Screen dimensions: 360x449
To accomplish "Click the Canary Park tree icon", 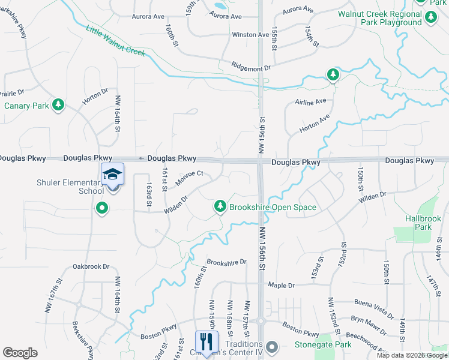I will pos(58,106).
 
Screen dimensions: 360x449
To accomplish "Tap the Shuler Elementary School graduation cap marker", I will pos(112,175).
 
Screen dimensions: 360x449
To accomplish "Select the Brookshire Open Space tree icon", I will pos(220,207).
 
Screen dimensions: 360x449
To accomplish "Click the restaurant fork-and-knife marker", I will pos(206,342).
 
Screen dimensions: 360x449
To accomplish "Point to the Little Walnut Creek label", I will pos(116,41).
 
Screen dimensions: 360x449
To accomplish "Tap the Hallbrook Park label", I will pos(418,223).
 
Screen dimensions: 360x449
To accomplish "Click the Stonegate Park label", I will pos(323,345).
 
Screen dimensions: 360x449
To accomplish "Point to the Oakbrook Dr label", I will pos(91,266).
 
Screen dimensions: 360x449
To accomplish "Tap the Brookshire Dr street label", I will pos(226,262).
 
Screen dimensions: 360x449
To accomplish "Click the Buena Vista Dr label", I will pos(373,308).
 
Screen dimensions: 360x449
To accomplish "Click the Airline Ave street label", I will pos(310,103).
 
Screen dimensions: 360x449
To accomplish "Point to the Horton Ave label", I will pos(315,124).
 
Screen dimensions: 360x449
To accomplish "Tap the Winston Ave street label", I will pos(250,35).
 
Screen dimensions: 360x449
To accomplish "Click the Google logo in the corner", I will pos(20,353).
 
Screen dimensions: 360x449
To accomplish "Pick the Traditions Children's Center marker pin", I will pos(272,347).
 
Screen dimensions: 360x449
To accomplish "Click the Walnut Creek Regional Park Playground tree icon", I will pos(430,19).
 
